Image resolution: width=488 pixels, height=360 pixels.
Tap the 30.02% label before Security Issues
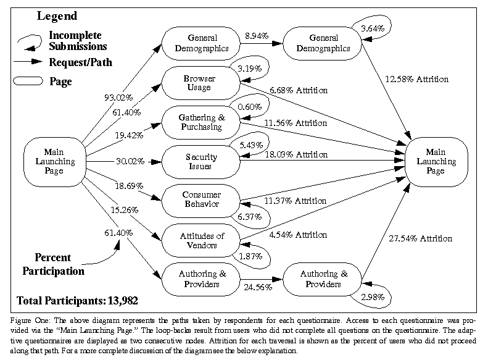pyautogui.click(x=130, y=161)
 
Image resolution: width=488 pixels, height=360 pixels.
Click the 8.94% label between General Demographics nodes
pyautogui.click(x=257, y=36)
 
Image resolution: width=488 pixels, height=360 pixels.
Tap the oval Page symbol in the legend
pyautogui.click(x=28, y=81)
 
